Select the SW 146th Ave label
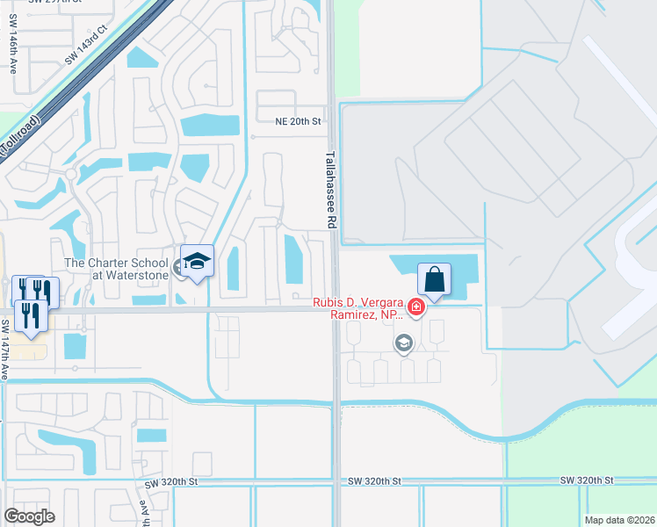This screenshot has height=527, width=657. point(13,66)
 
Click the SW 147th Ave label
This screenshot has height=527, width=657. point(4,350)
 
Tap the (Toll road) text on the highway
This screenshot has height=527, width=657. point(19,136)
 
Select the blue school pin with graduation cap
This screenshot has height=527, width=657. point(197,262)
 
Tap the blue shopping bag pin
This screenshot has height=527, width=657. point(434,279)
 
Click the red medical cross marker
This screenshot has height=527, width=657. point(415,307)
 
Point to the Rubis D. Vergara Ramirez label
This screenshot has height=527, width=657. point(358,308)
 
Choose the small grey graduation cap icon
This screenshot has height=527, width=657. point(404,343)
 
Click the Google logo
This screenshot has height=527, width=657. point(30,516)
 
